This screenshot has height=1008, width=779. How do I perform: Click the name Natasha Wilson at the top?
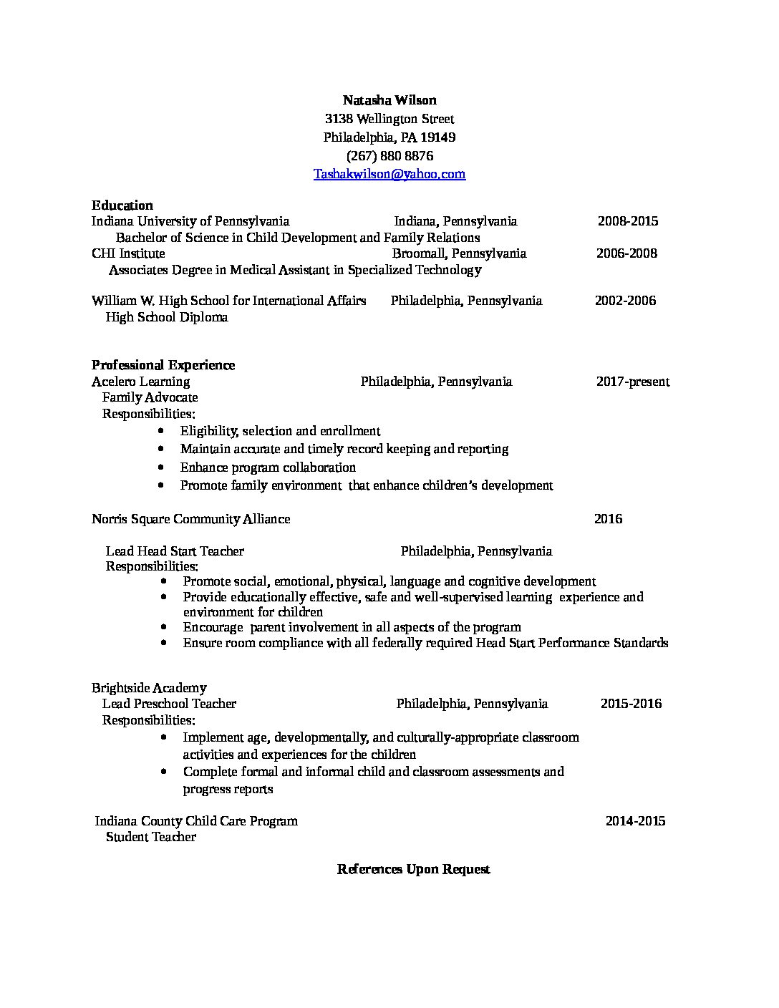(389, 100)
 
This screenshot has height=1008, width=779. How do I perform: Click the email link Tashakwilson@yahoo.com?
(389, 174)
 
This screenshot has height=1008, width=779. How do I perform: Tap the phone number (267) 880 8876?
(389, 156)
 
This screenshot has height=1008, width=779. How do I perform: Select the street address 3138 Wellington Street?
(389, 119)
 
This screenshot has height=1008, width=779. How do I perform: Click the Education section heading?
(122, 205)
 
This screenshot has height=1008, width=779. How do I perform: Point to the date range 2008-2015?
(627, 221)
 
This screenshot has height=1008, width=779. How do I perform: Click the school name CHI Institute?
(128, 253)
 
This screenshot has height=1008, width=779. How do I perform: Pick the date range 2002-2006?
(625, 301)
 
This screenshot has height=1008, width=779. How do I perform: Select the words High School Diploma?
(166, 317)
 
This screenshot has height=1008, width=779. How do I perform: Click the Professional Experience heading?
(163, 365)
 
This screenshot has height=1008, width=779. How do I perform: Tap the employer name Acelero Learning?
(140, 382)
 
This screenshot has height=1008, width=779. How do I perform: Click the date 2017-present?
(632, 382)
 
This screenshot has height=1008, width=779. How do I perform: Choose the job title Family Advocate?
(150, 397)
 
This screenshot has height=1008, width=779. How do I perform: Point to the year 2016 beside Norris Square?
(608, 519)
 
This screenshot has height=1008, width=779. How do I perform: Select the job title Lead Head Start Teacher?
(175, 551)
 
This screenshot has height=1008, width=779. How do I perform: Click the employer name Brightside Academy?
(149, 688)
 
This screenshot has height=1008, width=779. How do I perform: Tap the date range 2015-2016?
(631, 704)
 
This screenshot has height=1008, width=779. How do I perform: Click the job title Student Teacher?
(150, 837)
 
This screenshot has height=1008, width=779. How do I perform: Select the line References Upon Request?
(413, 869)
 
